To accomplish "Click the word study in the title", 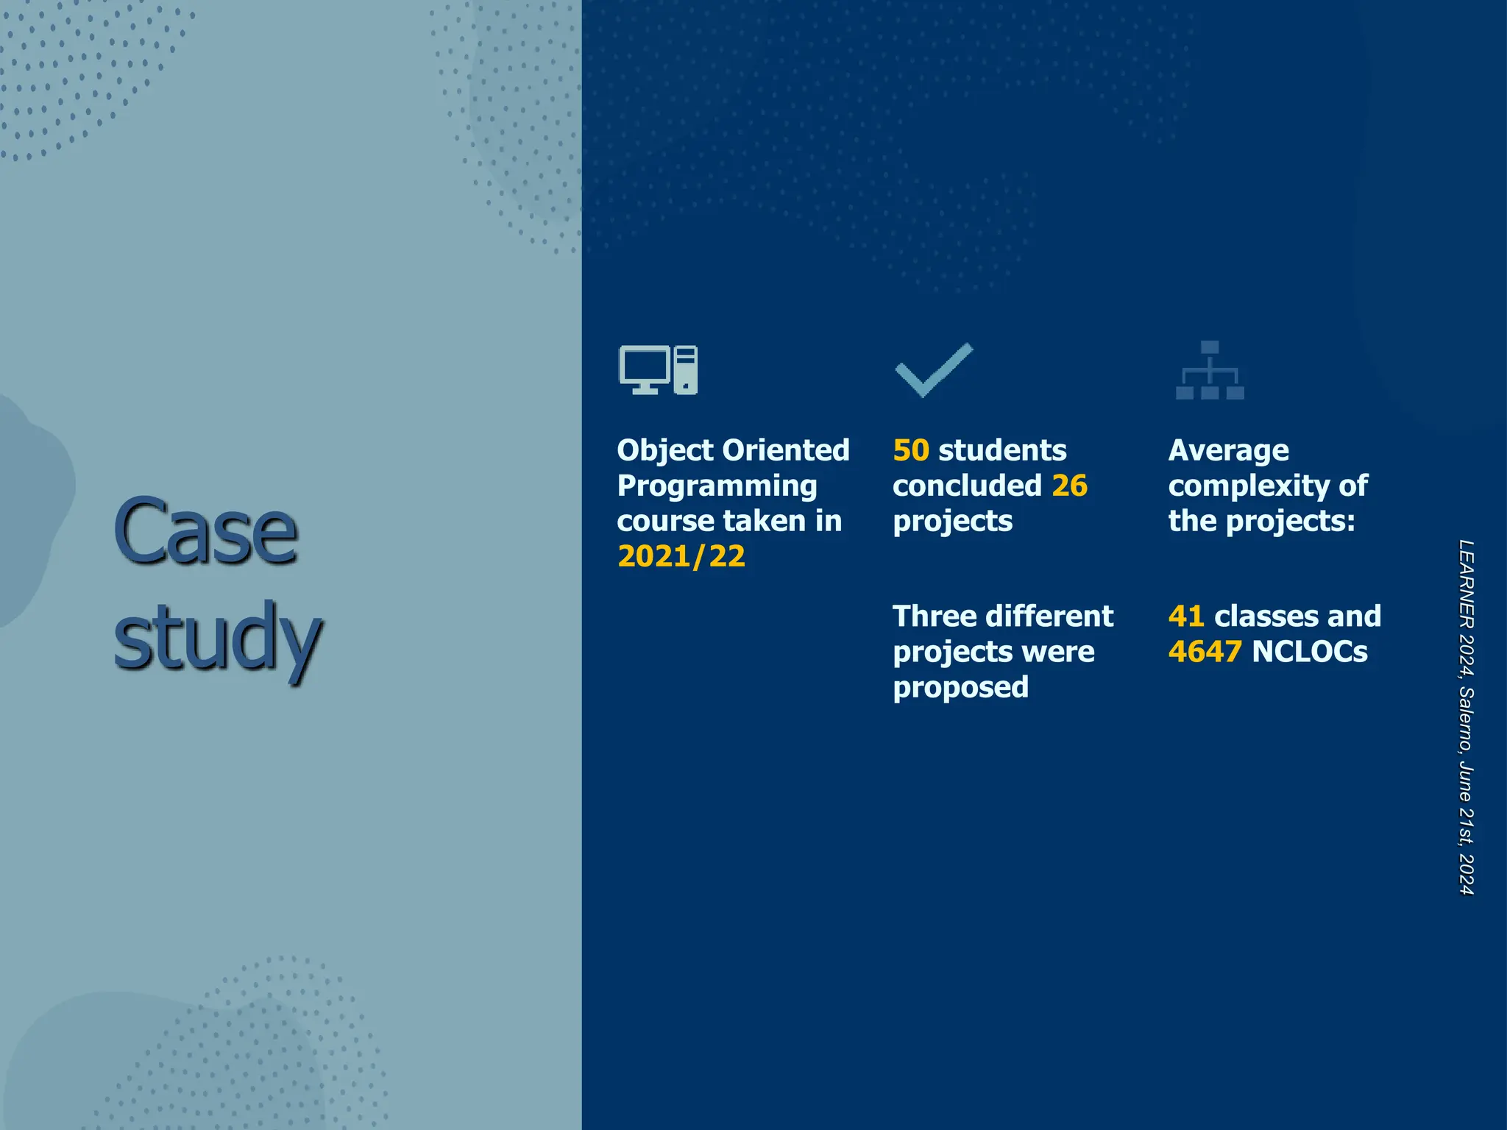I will [x=217, y=637].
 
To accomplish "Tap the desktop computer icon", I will [x=658, y=369].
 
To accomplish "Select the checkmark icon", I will [x=934, y=369].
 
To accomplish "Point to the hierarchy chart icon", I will [x=1210, y=370].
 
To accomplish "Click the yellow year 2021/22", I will [x=681, y=556].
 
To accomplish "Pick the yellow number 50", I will [x=911, y=450].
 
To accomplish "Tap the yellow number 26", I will [x=1069, y=486].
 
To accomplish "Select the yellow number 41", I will [x=1185, y=616].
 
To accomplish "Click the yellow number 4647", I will [x=1205, y=652].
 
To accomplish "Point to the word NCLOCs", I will [x=1310, y=652].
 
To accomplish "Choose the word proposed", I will [x=960, y=687].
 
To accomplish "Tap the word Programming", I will [x=717, y=486].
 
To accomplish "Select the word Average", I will [x=1228, y=450].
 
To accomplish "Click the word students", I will [x=1002, y=450].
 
